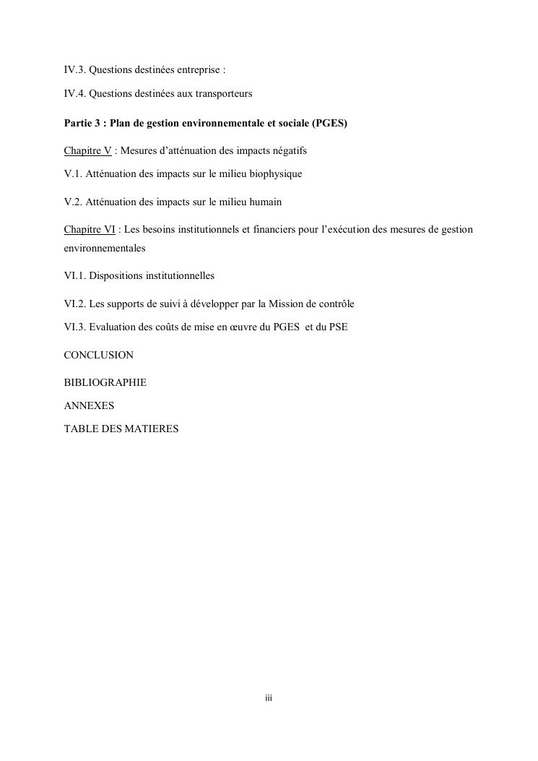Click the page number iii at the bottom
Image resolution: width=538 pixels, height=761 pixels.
[268, 699]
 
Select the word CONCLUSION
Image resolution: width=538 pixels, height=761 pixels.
[99, 355]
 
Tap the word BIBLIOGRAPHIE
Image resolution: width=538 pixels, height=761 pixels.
[105, 382]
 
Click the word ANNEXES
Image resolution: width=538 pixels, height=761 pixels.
[89, 405]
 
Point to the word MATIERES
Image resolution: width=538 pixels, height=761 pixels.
[152, 429]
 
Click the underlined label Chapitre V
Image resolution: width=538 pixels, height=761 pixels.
[87, 150]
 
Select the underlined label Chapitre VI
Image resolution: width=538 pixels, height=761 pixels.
[90, 229]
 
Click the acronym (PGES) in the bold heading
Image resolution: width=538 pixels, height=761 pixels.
[330, 123]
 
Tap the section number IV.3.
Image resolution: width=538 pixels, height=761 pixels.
[74, 70]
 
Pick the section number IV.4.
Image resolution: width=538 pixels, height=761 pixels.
[74, 94]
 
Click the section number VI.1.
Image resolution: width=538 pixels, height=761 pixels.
[75, 276]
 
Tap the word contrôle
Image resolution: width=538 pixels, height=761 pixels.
[336, 304]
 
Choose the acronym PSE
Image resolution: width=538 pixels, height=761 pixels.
[338, 327]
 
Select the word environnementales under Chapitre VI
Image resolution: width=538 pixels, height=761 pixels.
[105, 248]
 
